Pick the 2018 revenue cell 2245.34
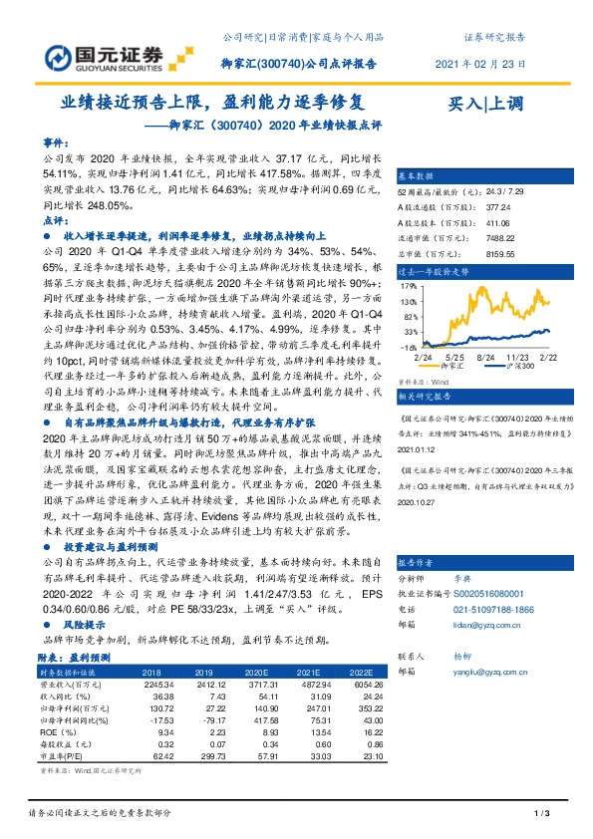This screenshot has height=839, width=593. click(158, 686)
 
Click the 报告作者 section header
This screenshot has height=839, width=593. click(418, 561)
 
